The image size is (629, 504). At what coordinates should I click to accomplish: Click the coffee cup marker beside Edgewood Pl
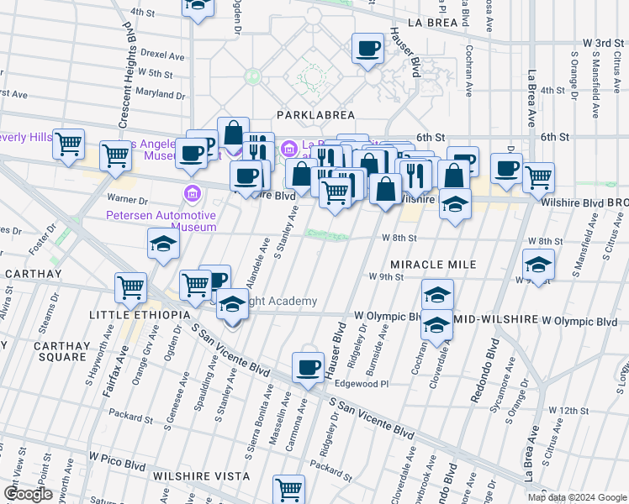click(308, 366)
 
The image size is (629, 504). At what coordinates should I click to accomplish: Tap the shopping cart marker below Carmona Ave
click(288, 489)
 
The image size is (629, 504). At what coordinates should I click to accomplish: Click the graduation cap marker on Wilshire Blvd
click(455, 205)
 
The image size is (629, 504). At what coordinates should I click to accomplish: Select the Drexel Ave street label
click(162, 55)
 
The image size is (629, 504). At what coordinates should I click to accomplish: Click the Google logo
click(27, 494)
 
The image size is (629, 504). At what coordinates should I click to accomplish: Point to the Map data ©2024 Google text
click(577, 497)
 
